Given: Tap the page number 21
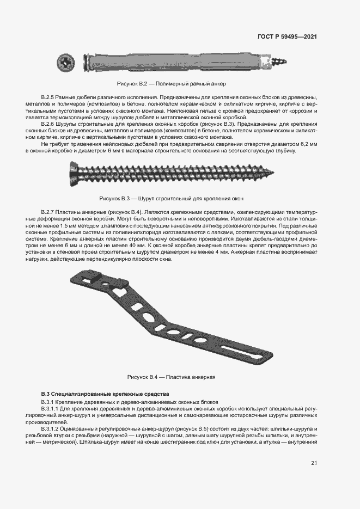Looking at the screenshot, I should [314, 463].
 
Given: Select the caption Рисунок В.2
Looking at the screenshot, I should [170, 84].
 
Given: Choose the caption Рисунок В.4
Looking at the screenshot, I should [172, 377].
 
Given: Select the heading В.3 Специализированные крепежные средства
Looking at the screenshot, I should [106, 393].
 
